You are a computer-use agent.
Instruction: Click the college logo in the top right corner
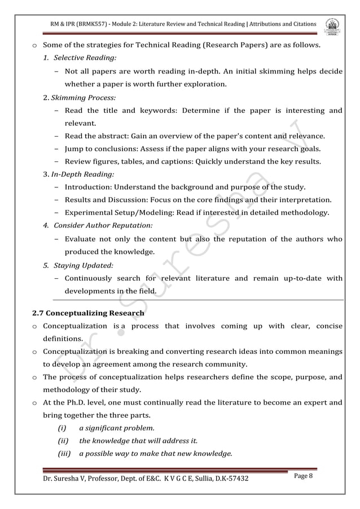click(336, 25)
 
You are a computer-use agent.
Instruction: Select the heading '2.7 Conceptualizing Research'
click(87, 313)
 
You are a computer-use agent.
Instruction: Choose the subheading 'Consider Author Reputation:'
click(102, 226)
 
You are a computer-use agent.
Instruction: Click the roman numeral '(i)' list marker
click(64, 428)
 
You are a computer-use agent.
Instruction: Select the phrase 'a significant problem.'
click(117, 428)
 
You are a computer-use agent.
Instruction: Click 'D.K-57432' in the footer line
click(228, 479)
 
